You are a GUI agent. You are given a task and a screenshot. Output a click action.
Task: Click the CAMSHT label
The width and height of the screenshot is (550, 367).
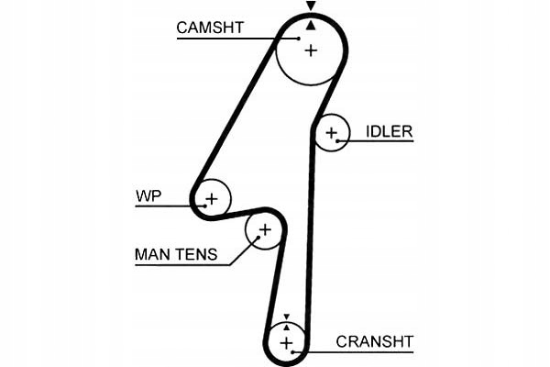[x=210, y=28]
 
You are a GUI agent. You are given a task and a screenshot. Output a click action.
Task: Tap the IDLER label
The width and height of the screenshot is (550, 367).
[x=389, y=131]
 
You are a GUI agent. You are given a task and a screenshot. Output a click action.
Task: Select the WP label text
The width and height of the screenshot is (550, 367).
[x=148, y=195]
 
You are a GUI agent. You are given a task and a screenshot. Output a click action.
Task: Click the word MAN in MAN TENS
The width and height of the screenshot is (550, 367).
[x=152, y=254]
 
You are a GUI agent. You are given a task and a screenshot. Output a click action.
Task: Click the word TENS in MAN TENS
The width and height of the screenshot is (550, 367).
[x=197, y=254]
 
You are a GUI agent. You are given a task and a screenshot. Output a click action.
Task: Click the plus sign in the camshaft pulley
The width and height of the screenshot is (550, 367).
[x=311, y=50]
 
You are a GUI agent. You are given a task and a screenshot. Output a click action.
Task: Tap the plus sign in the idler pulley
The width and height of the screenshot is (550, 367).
[x=332, y=135]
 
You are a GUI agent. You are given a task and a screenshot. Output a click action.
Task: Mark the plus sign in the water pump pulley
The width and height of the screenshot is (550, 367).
[x=213, y=198]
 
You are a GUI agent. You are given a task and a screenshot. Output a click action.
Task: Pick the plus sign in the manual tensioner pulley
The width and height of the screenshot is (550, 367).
[x=265, y=230]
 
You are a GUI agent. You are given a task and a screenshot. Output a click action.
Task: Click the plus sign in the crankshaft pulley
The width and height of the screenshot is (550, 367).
[x=287, y=343]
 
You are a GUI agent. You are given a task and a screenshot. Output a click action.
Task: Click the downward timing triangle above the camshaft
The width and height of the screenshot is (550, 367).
[x=311, y=6]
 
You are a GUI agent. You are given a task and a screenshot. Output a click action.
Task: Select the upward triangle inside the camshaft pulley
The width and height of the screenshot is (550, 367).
[x=311, y=26]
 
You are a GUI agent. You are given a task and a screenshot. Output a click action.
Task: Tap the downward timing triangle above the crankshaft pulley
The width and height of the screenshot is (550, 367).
[x=286, y=315]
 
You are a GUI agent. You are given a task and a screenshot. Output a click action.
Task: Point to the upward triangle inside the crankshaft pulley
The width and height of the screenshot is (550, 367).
[x=286, y=326]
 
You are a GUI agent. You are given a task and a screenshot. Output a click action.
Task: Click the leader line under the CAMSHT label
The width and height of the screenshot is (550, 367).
[x=229, y=39]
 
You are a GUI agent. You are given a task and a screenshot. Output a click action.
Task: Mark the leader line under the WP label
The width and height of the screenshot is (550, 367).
[x=165, y=206]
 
